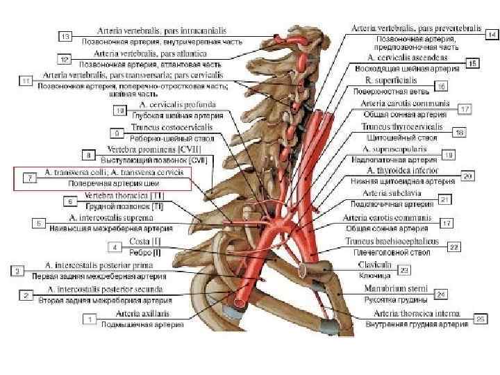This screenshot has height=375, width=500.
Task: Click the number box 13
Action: [65, 35]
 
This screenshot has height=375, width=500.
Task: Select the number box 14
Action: [492, 33]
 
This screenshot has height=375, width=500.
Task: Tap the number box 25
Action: [480, 318]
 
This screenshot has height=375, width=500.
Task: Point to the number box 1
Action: [89, 319]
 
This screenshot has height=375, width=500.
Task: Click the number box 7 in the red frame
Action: [31, 178]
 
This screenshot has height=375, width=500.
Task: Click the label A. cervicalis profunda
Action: [174, 105]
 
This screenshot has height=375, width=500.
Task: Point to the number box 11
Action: [25, 81]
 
